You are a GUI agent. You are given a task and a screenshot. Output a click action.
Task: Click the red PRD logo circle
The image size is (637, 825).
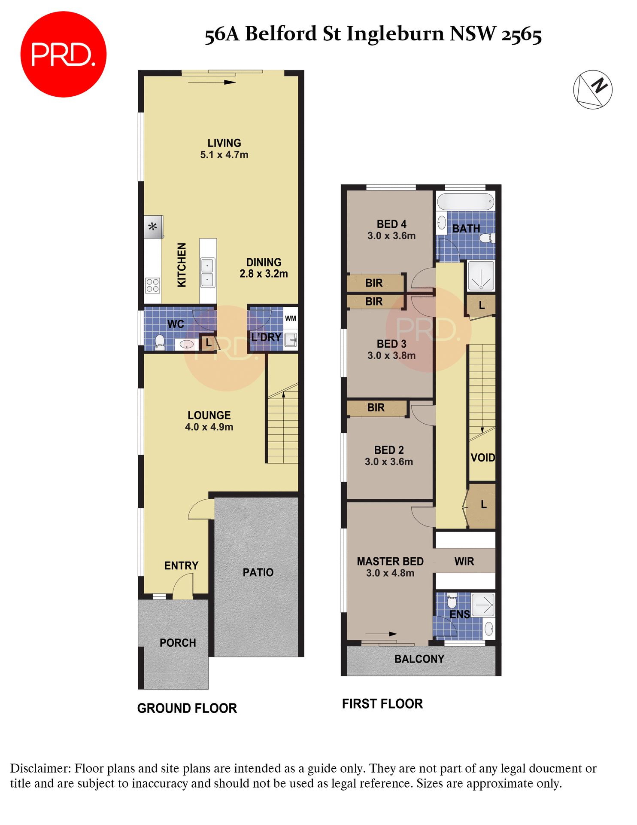coord(63,55)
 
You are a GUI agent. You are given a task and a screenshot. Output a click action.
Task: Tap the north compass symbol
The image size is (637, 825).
coord(592,89)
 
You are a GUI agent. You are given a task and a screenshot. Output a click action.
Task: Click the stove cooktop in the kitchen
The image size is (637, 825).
coord(153,285)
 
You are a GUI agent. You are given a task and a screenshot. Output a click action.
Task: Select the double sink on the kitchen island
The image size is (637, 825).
coord(207,273)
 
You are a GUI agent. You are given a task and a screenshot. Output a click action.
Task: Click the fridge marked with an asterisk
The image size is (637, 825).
coord(153,226)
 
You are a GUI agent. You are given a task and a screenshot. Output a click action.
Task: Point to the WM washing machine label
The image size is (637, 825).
coord(291,318)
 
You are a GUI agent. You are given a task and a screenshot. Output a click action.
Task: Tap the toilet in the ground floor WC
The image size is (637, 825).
coord(160,342)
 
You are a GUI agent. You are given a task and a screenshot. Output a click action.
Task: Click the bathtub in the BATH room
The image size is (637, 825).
coord(466,201)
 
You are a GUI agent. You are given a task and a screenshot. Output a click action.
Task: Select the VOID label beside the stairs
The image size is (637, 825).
coord(483,458)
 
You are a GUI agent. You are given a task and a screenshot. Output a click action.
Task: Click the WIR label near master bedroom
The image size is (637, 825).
coord(464,561)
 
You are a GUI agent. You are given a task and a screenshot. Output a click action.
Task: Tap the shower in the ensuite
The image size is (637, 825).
coord(483,605)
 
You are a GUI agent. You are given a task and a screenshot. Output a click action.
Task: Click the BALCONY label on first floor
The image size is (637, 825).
coord(419,659)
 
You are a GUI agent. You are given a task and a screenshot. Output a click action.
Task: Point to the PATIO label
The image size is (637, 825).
coord(258,572)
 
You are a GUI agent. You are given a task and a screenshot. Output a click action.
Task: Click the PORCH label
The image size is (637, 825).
coord(178,643)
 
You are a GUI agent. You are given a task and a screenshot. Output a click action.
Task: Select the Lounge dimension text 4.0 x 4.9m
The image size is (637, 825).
coord(209,427)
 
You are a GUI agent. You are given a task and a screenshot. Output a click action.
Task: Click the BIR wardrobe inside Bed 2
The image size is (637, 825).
coord(376,408)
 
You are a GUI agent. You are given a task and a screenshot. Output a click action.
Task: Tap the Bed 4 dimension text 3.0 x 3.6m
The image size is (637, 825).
coord(391,236)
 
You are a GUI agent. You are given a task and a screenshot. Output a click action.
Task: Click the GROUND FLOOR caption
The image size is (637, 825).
coord(187,708)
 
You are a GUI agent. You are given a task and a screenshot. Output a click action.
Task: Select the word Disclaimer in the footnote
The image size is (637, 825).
coord(40,768)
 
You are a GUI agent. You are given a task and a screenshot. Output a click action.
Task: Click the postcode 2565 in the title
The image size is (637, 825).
coord(522,34)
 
